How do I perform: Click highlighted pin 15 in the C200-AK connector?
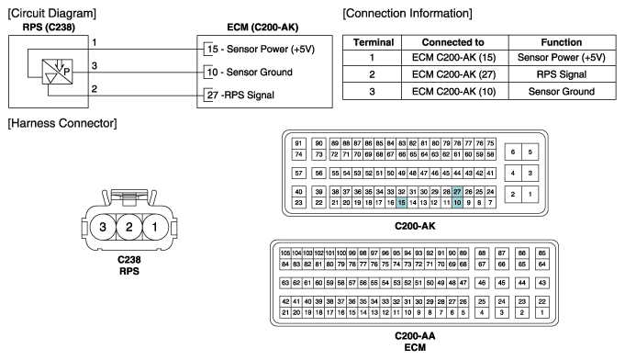coord(401,203)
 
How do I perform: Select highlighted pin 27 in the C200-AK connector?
coord(457,192)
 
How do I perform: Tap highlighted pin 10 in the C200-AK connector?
coord(457,203)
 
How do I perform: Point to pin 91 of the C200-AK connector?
coord(298,143)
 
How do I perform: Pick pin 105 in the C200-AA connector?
coord(285,253)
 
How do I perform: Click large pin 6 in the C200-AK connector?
coord(513,152)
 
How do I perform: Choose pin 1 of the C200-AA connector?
coord(541,313)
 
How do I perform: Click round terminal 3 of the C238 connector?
coord(103,227)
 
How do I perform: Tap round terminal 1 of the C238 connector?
coord(155,227)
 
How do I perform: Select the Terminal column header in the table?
coord(374,42)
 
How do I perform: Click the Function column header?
coord(562,42)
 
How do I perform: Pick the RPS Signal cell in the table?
coord(562,74)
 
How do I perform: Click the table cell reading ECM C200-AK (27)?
coord(454,74)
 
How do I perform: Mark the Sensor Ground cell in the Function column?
coord(562,92)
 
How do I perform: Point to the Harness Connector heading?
coord(62,123)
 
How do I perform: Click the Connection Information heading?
coord(407,14)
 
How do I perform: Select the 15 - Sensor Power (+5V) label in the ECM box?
coord(261,49)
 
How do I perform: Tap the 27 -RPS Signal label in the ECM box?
coord(240,96)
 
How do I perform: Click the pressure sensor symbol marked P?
coord(58,72)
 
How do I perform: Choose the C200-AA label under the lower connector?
coord(415,336)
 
